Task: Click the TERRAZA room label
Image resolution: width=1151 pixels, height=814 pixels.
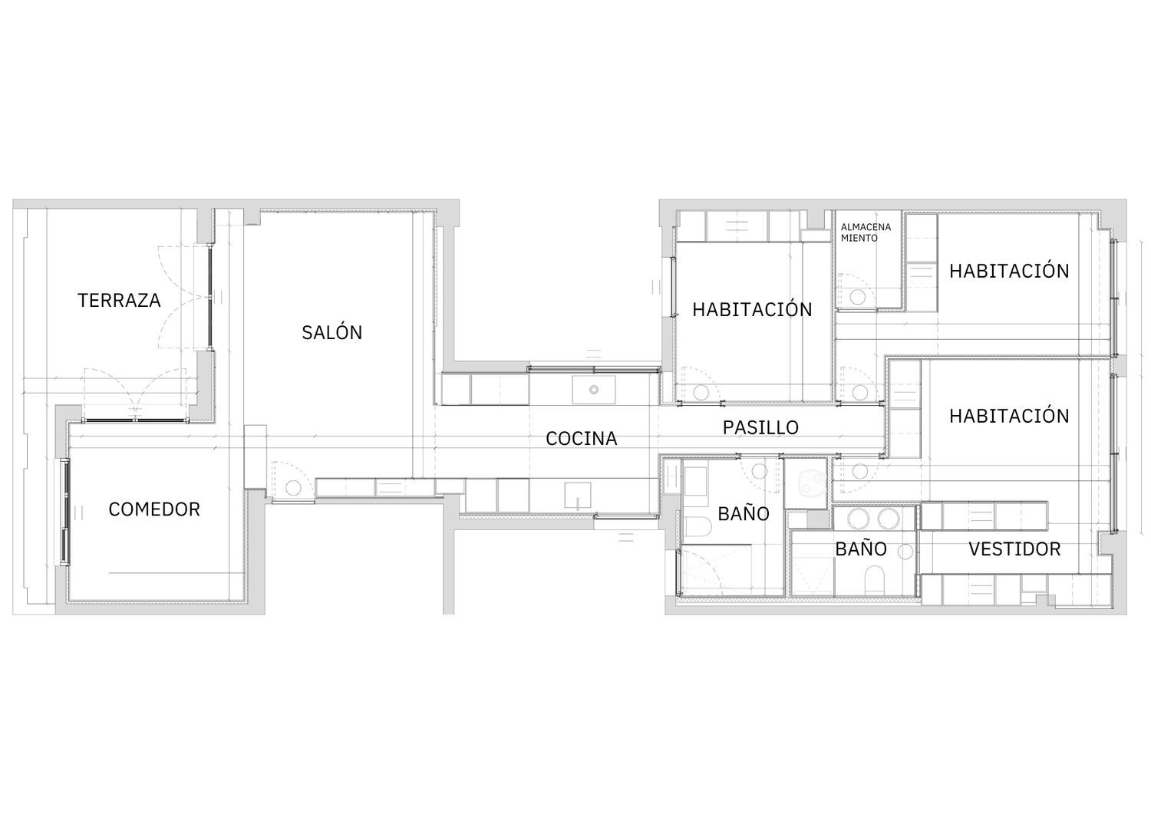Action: pyautogui.click(x=119, y=300)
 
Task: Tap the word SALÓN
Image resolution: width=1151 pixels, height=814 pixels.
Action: pyautogui.click(x=332, y=332)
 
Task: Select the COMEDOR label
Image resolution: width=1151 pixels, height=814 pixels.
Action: pyautogui.click(x=154, y=509)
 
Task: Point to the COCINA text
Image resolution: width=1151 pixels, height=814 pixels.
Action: pyautogui.click(x=581, y=438)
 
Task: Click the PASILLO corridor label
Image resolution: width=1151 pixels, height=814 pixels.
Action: pyautogui.click(x=760, y=427)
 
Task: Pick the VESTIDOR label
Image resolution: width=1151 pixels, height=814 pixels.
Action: pyautogui.click(x=1015, y=549)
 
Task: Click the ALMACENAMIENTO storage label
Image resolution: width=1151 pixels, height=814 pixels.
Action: pyautogui.click(x=866, y=232)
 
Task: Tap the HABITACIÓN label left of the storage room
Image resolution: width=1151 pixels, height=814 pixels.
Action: pyautogui.click(x=752, y=309)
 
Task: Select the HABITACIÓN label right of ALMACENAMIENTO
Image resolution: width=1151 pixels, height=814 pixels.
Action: pyautogui.click(x=1009, y=271)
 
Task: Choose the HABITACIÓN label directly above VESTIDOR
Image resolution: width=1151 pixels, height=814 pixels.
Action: pyautogui.click(x=1009, y=416)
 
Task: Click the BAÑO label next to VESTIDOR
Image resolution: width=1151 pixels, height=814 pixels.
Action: pyautogui.click(x=861, y=549)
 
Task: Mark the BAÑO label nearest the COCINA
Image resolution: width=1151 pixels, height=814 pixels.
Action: pyautogui.click(x=744, y=513)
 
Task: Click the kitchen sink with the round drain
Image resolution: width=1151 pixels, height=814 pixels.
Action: pyautogui.click(x=594, y=390)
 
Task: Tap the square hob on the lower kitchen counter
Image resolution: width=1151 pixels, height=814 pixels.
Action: pyautogui.click(x=578, y=496)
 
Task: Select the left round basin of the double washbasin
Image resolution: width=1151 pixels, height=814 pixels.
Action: pyautogui.click(x=858, y=519)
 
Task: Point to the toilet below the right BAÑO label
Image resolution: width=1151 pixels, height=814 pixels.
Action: pyautogui.click(x=874, y=581)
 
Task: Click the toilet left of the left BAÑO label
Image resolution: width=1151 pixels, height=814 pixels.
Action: pyautogui.click(x=698, y=526)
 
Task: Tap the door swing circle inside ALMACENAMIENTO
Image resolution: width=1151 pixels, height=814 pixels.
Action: pyautogui.click(x=857, y=297)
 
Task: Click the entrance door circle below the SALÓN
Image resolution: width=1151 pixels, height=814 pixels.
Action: pyautogui.click(x=293, y=488)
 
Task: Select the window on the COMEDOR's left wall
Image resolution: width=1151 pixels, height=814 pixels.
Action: pyautogui.click(x=65, y=512)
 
